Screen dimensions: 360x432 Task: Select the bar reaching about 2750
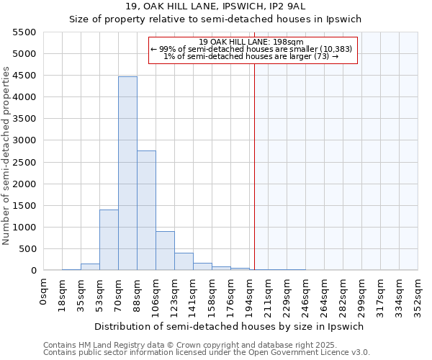[146, 210]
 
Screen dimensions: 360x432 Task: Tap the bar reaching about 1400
[109, 240]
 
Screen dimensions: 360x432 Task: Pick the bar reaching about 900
[165, 251]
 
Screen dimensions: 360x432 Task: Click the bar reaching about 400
[184, 261]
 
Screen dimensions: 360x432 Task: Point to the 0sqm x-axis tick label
[45, 290]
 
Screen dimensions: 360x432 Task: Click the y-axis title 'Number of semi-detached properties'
[7, 156]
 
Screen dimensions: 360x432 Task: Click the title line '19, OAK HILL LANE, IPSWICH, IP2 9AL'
[215, 7]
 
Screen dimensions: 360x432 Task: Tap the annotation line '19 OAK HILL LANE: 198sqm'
[251, 42]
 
